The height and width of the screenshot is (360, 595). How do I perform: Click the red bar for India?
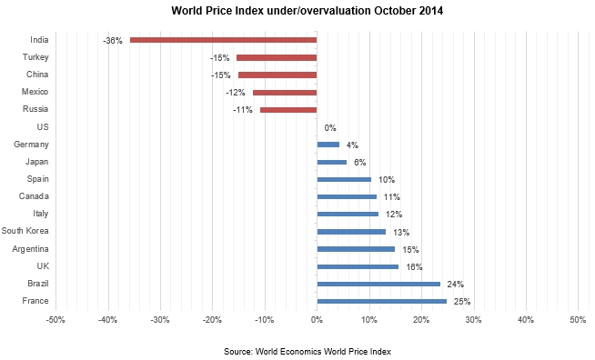tap(223, 40)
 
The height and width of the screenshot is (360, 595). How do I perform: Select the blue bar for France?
tap(381, 301)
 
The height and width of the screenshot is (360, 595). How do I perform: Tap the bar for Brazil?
tap(378, 284)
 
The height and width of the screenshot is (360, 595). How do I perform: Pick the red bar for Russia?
tap(288, 110)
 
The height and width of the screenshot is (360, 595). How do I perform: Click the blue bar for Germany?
tap(328, 145)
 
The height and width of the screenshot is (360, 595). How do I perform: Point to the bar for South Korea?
tap(351, 232)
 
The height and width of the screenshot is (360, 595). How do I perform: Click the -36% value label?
tap(113, 41)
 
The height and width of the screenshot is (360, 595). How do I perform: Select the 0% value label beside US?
tap(330, 128)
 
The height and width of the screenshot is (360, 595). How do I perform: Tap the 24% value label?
tap(455, 285)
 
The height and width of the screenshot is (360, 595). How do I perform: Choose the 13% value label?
tap(400, 233)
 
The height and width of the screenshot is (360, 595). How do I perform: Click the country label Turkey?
tap(35, 57)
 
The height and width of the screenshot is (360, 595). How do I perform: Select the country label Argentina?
tap(30, 248)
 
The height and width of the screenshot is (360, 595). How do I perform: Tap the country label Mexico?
tap(35, 92)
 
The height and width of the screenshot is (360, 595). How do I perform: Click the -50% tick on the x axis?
tap(55, 320)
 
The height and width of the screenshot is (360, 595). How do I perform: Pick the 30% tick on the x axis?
tap(473, 320)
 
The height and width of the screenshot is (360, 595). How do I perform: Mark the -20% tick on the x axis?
tap(211, 320)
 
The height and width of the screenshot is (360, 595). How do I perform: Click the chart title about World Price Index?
tap(297, 12)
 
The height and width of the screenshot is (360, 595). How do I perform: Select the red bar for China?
tap(277, 75)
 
